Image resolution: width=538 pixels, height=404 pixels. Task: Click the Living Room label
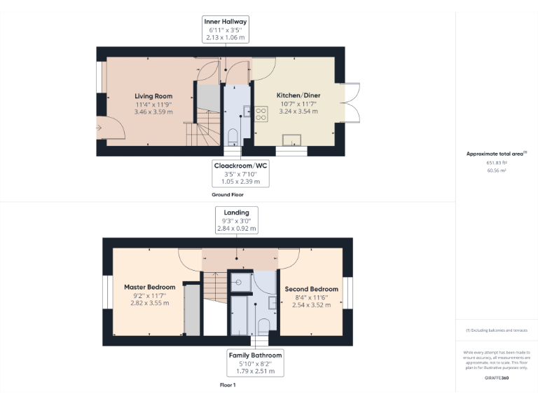tap(153, 96)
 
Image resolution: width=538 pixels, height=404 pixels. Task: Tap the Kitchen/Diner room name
tap(297, 95)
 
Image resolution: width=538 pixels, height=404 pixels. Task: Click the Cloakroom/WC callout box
tap(240, 173)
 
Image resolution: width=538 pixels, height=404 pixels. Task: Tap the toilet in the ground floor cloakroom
tap(233, 135)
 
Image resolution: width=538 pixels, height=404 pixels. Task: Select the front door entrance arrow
tap(100, 128)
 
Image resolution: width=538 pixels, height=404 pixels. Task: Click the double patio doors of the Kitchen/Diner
tap(351, 102)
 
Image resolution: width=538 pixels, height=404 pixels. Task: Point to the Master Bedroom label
tap(151, 288)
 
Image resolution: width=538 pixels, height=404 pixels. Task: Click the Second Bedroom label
tap(311, 289)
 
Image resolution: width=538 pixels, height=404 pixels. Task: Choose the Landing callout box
tap(236, 220)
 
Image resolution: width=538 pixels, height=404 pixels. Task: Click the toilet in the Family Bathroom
tap(263, 325)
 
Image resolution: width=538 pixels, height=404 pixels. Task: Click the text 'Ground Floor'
tap(227, 194)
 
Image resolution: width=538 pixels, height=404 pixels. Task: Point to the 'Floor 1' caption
tap(227, 385)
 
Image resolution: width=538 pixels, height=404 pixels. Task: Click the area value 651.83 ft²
tap(496, 162)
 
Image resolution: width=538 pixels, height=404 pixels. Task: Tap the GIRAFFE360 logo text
tap(496, 378)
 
